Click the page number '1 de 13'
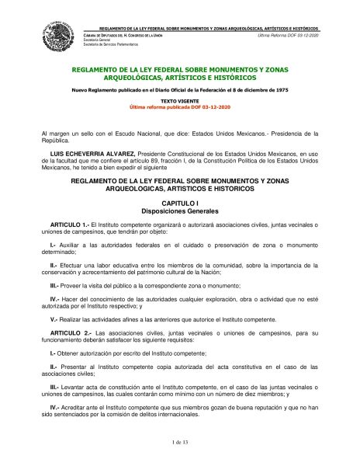[180, 442]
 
